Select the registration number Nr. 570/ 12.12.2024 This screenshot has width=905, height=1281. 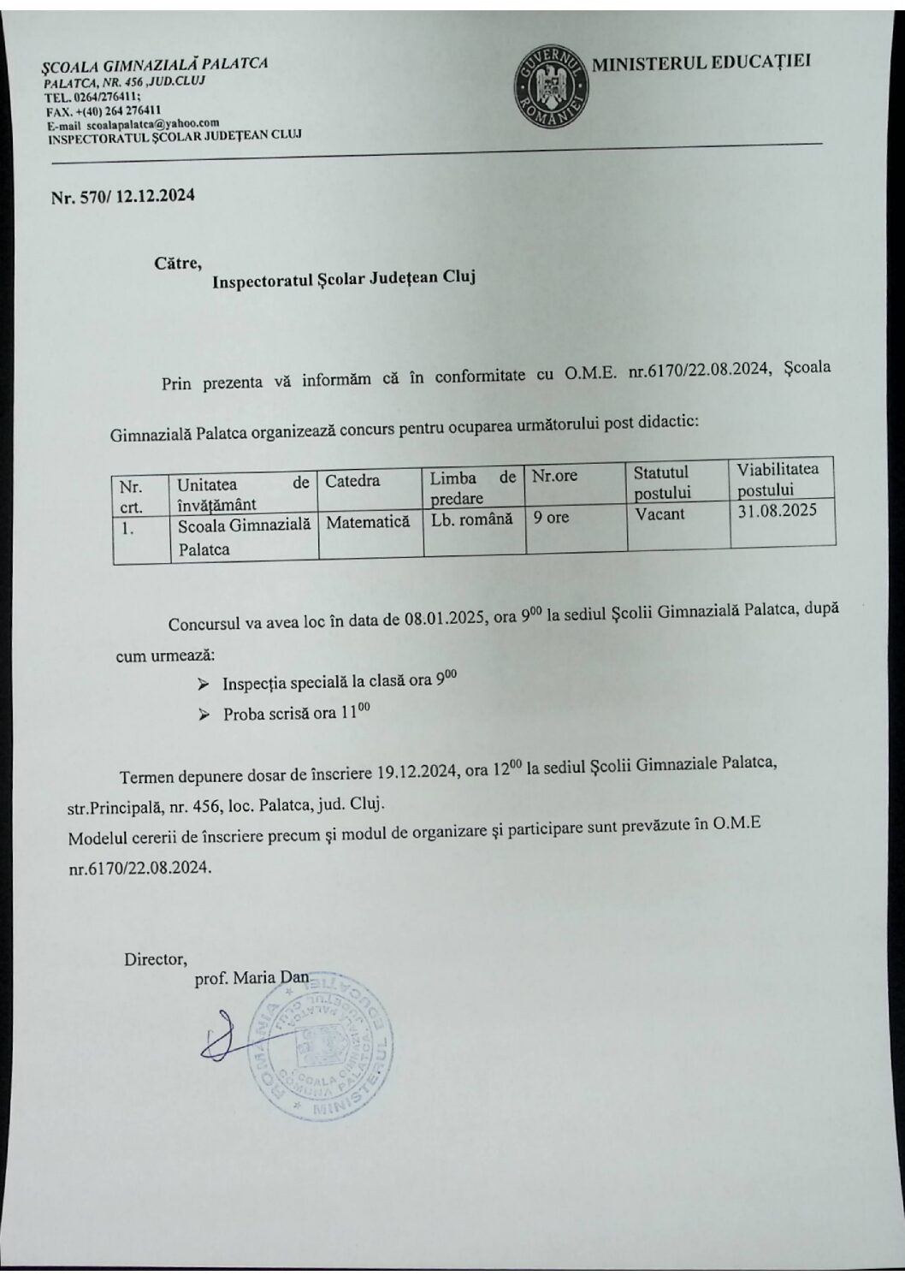point(122,196)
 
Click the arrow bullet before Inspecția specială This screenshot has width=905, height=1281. point(203,685)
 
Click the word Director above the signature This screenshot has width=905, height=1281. point(155,958)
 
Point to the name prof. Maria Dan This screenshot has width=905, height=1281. point(251,979)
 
